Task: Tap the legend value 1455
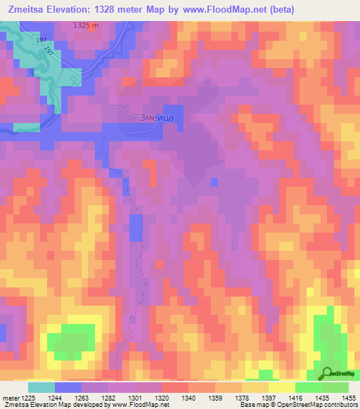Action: [x=348, y=398]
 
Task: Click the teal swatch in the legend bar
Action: [x=41, y=387]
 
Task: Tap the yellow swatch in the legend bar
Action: [x=281, y=387]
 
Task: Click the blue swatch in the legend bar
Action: [x=68, y=387]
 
